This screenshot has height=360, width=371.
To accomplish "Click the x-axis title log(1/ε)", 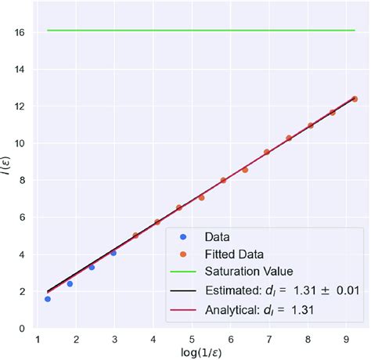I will click(197, 353).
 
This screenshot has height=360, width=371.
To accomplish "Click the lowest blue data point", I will click(48, 299).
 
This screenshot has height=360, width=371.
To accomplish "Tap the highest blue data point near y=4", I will click(113, 253).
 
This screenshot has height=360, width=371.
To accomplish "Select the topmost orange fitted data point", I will click(355, 99).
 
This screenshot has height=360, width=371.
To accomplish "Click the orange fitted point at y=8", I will click(223, 180).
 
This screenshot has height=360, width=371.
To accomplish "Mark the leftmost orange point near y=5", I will click(135, 235).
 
